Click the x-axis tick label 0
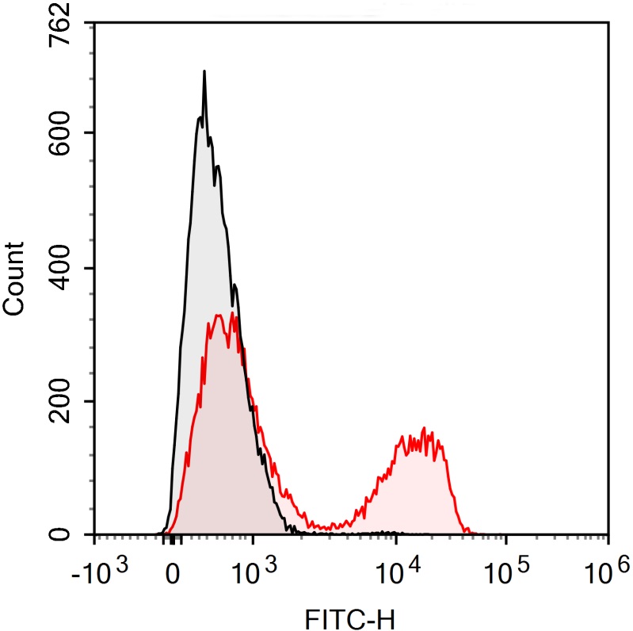[172, 572]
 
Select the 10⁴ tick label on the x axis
[398, 569]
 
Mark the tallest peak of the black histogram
[204, 71]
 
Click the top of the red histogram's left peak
[232, 314]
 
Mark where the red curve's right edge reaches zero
[470, 533]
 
